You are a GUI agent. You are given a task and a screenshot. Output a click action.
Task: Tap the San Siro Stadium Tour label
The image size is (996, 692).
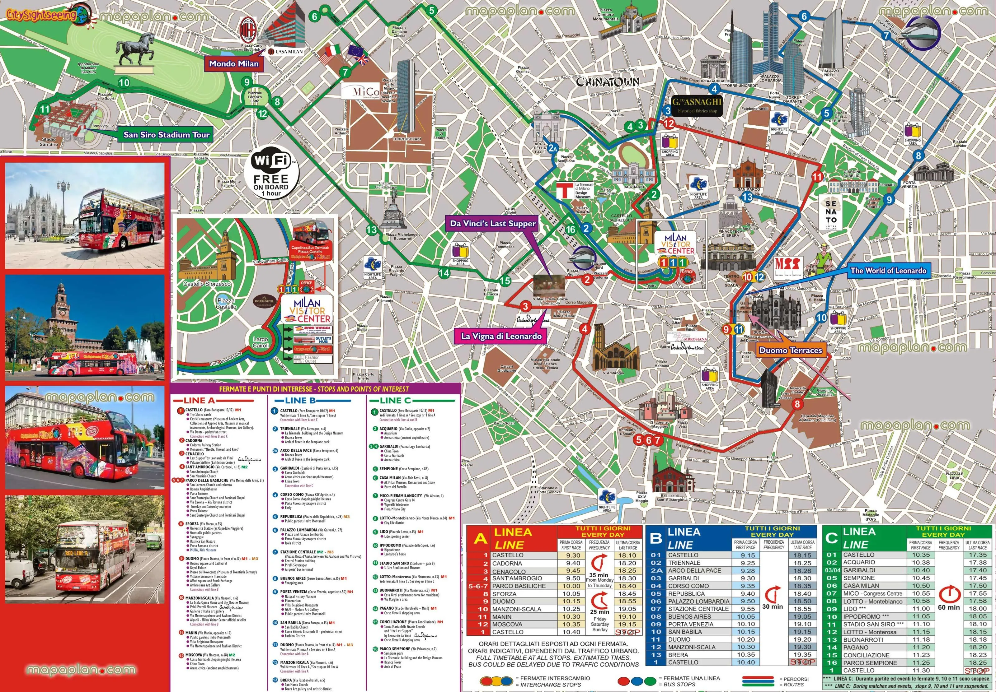[166, 135]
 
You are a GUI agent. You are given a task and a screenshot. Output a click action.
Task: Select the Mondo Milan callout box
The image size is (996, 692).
[234, 64]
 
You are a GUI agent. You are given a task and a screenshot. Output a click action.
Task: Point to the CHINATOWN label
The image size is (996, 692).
[607, 82]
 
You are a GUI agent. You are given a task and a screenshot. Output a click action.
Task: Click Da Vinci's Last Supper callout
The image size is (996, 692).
[492, 224]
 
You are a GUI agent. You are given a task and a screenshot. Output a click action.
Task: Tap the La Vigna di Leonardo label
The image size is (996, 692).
[501, 336]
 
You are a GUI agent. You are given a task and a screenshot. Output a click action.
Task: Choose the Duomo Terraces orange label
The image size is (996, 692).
[790, 350]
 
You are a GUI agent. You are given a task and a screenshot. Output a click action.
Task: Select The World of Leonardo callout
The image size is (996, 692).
[888, 271]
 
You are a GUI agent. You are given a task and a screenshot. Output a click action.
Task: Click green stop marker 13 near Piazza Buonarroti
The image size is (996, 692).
[372, 230]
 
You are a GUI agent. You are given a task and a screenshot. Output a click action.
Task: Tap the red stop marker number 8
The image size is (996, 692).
[797, 404]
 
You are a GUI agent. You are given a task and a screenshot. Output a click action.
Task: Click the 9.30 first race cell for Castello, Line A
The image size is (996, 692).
[573, 555]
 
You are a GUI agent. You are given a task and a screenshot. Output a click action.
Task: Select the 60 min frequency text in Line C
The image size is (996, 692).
[949, 607]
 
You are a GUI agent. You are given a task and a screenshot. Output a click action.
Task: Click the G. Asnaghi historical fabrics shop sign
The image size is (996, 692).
[698, 104]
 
